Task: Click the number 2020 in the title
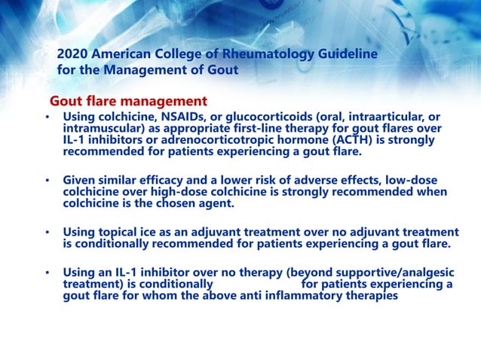tap(74, 55)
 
